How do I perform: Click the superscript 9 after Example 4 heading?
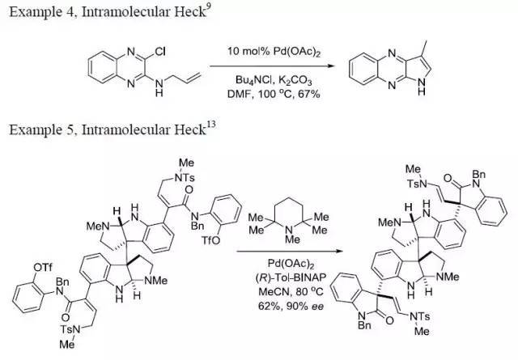point(208,7)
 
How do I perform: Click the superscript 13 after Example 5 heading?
point(211,125)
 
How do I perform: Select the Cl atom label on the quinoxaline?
point(160,52)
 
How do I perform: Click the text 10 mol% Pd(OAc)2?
point(274,52)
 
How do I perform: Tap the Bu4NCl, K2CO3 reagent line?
point(274,80)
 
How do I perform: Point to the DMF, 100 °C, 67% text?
point(274,94)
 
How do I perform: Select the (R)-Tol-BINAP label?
point(291,277)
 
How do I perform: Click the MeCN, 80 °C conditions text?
point(291,292)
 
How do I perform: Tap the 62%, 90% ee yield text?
point(291,306)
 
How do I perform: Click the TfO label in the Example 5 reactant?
point(210,240)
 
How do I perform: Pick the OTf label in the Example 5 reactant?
point(43,267)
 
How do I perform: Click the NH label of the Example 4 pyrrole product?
point(421,87)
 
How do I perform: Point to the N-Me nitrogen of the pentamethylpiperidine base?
point(288,229)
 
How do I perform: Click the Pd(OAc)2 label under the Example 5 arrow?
point(291,264)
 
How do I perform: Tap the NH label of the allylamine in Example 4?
point(159,88)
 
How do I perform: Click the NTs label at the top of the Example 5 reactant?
point(185,178)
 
